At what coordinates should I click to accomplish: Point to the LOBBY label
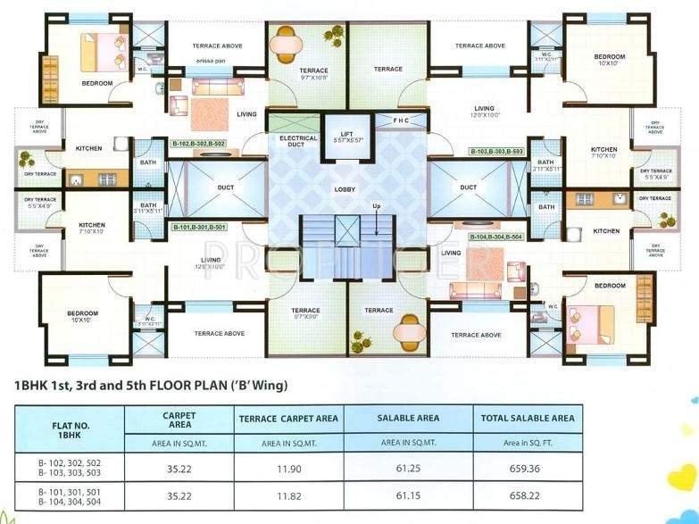345,189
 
